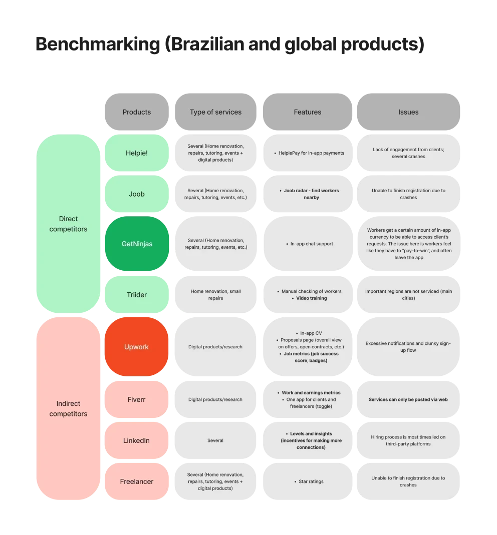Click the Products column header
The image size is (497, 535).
coord(136,112)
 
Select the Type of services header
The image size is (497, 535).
coord(215,112)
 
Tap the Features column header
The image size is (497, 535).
coord(308,112)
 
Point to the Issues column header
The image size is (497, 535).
coord(408,112)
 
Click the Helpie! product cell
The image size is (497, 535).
coord(136,153)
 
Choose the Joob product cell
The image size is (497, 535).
coord(136,194)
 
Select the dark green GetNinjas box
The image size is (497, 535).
coord(136,244)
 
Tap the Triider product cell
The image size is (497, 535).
coord(136,295)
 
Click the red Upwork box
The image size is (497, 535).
coord(136,346)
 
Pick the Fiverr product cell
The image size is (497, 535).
coord(136,399)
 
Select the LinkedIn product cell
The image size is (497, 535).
coord(136,440)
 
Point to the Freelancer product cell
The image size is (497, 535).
coord(136,481)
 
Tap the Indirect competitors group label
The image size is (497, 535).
coord(69,408)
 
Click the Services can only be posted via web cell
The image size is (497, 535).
coord(408,399)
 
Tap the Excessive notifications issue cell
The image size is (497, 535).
coord(408,346)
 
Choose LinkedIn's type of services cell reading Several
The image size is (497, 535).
coord(215,440)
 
